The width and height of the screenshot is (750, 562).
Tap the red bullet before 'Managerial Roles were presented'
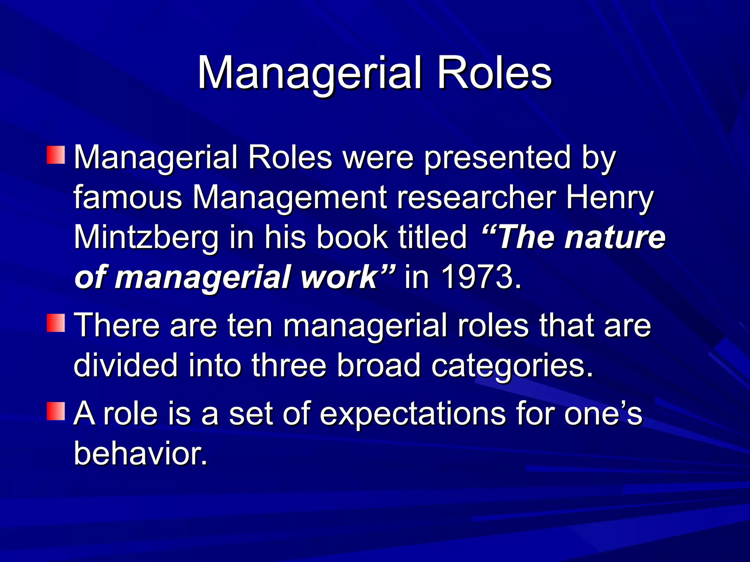pos(56,155)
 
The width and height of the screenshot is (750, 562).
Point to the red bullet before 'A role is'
pos(56,411)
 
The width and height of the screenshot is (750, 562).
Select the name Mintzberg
pos(146,237)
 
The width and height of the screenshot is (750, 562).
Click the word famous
pos(128,198)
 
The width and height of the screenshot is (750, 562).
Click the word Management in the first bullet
pos(289,198)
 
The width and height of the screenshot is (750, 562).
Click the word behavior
pos(140,453)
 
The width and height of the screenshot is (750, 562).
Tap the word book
pos(352,237)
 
